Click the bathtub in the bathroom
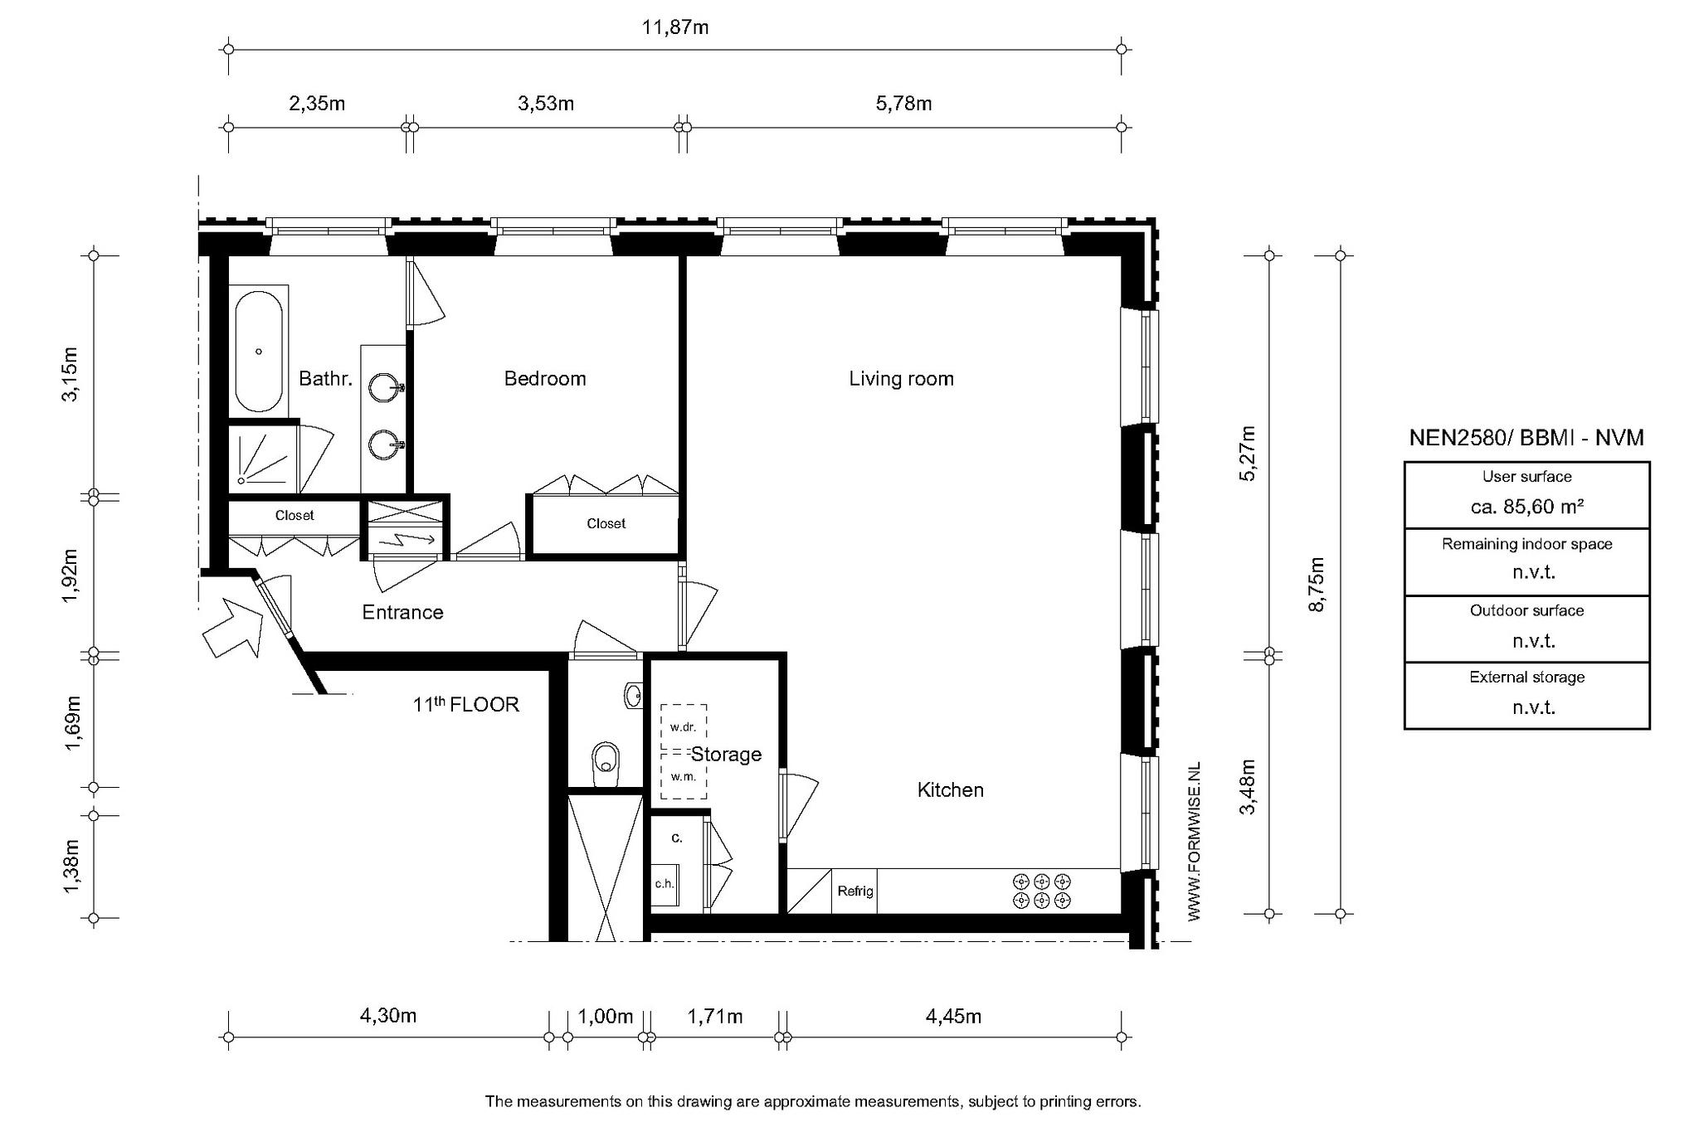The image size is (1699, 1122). click(x=259, y=352)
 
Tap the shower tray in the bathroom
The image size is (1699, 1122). click(x=262, y=455)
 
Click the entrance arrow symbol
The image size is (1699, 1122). click(x=233, y=628)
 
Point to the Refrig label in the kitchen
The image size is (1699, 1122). click(x=854, y=891)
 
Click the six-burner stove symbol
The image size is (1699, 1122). click(x=1042, y=891)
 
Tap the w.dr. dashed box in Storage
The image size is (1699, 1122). click(x=684, y=727)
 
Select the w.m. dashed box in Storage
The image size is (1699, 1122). click(x=684, y=776)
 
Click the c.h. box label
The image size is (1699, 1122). click(x=665, y=883)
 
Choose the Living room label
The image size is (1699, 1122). click(x=901, y=379)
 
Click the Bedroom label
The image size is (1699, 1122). click(x=545, y=379)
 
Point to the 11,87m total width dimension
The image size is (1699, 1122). click(x=675, y=27)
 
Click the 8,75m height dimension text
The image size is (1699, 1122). click(x=1316, y=585)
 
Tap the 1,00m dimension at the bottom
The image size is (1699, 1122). click(x=606, y=1016)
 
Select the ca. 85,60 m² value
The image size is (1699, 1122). click(x=1526, y=507)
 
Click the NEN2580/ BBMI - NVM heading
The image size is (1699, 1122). click(x=1526, y=438)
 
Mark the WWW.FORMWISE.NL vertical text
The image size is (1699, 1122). click(x=1194, y=842)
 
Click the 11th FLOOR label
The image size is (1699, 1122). click(x=466, y=704)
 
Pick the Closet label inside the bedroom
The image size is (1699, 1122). click(x=606, y=523)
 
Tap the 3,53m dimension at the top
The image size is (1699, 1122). click(x=546, y=104)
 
